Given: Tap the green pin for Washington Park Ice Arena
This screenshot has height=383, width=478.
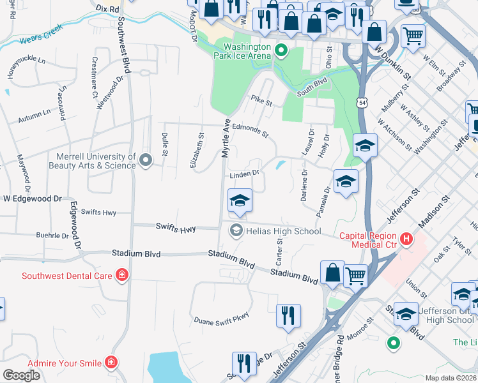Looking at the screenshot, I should [x=280, y=49].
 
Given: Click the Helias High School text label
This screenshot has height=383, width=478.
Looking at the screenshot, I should [x=282, y=231].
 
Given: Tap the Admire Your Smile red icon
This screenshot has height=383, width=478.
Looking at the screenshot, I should [x=112, y=363].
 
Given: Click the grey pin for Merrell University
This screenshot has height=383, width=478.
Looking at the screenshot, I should [x=145, y=160].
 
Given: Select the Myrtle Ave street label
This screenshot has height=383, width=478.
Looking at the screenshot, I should [x=225, y=141].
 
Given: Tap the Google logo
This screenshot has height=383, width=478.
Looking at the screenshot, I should [x=21, y=375].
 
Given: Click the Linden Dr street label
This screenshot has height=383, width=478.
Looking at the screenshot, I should [x=243, y=174].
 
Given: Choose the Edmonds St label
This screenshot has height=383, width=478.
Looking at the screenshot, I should [x=250, y=130].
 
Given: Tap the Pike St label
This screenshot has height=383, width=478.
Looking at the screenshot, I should [x=261, y=100].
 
